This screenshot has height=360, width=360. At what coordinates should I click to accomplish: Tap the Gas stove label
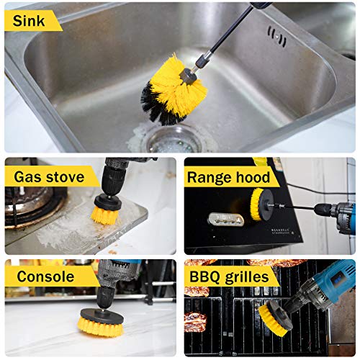tap(49, 176)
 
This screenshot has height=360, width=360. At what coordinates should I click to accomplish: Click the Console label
tap(46, 276)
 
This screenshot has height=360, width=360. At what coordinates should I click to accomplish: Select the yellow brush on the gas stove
tap(107, 213)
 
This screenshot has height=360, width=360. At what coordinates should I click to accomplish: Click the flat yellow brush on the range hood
tap(257, 204)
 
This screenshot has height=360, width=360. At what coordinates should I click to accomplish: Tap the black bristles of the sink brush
tap(156, 102)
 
